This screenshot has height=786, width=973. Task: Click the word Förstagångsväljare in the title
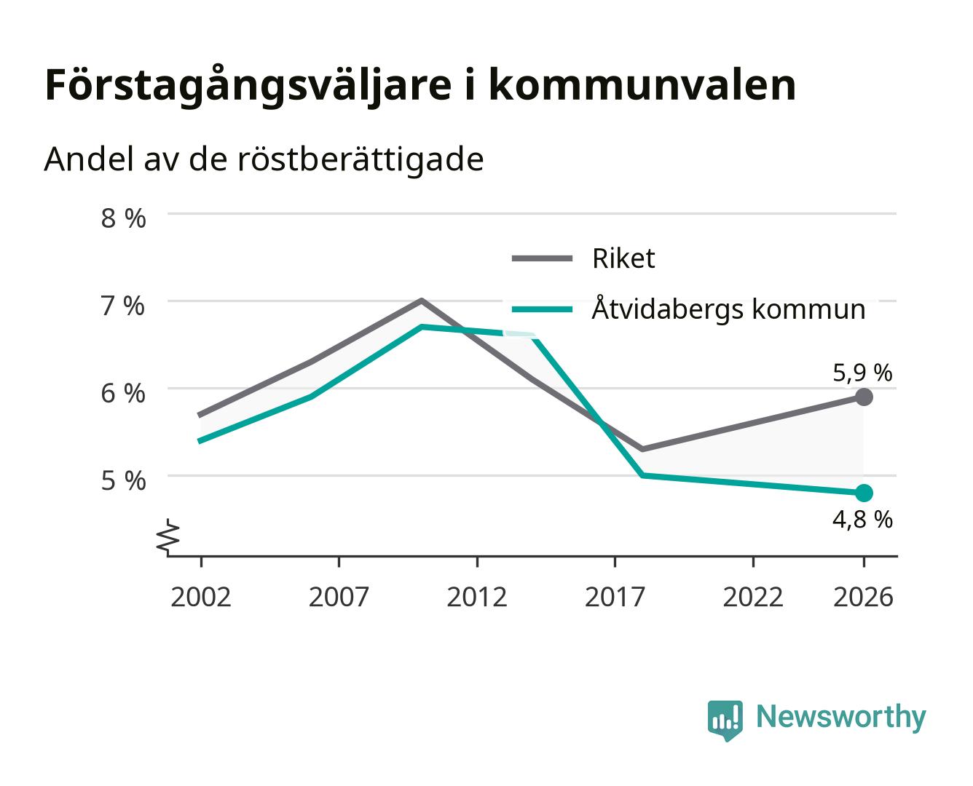(x=248, y=85)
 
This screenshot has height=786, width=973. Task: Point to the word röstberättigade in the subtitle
(x=361, y=160)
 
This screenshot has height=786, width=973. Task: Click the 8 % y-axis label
(x=123, y=218)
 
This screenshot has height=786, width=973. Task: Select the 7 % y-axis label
(x=123, y=306)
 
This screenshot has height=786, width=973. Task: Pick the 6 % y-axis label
(x=123, y=394)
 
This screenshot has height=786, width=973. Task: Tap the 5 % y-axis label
(x=123, y=480)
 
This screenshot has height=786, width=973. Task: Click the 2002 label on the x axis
(x=200, y=597)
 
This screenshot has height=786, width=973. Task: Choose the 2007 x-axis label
(x=339, y=597)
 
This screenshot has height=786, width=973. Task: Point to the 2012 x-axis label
(x=477, y=597)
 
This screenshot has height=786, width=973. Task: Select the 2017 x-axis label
(x=615, y=597)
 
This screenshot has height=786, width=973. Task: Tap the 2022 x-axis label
(x=753, y=597)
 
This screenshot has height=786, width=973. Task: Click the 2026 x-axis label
(x=863, y=597)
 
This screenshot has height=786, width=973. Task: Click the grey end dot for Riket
(x=864, y=397)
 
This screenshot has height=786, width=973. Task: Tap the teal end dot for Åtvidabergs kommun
(x=864, y=493)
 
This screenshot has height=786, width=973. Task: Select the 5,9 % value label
(x=862, y=373)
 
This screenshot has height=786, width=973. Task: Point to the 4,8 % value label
(x=862, y=520)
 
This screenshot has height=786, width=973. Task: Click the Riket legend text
(x=623, y=258)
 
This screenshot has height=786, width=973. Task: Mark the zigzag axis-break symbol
(x=168, y=537)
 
